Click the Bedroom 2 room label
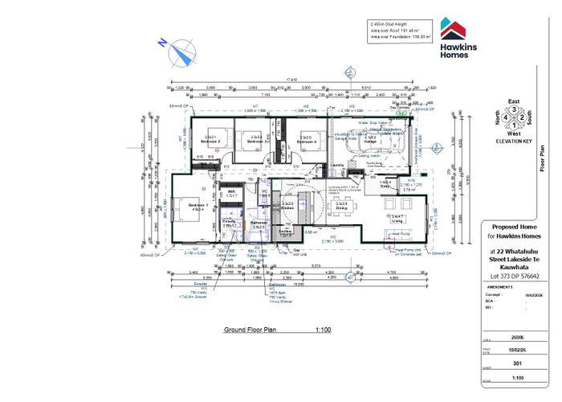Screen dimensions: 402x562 tap(210, 140)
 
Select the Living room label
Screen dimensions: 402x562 tap(397, 219)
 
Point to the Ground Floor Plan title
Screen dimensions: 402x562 tap(250, 330)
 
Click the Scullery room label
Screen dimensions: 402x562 tap(285, 231)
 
